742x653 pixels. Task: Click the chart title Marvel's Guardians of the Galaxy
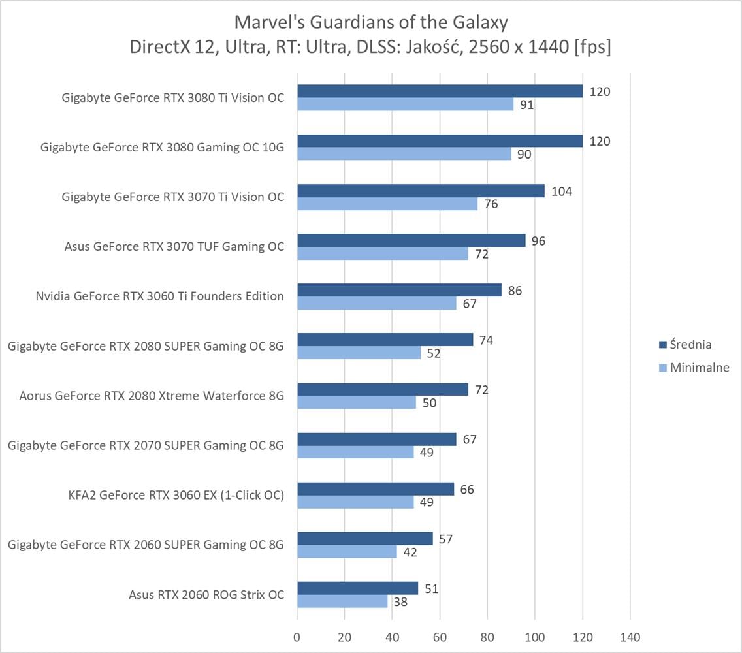point(370,23)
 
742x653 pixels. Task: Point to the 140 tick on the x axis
point(630,637)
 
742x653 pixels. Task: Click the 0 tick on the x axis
point(297,637)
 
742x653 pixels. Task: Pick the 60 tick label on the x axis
point(440,637)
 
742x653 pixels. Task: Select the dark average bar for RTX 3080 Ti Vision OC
point(440,91)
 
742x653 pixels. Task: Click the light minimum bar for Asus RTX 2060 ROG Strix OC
point(342,601)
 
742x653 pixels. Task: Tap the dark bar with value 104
point(421,191)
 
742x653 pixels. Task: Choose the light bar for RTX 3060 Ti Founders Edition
point(377,303)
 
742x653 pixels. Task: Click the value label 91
point(527,105)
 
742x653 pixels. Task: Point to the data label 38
point(401,602)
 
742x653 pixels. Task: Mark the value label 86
point(515,291)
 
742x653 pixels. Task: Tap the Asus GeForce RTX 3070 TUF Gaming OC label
point(174,247)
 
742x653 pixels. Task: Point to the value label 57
point(446,539)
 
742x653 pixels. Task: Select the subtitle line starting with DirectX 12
point(370,48)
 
